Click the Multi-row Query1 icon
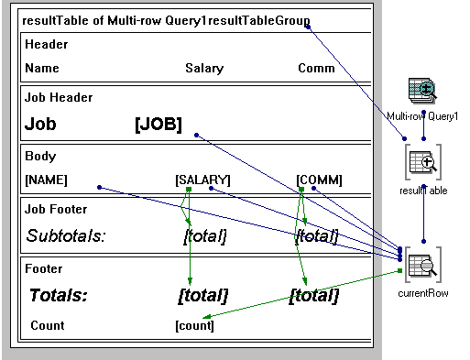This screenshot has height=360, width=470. click(x=421, y=93)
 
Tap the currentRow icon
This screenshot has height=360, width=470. click(x=422, y=267)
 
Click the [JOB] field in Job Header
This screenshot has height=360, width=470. click(x=158, y=125)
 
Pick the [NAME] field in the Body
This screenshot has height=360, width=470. click(x=46, y=180)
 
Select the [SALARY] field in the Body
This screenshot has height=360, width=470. click(x=202, y=180)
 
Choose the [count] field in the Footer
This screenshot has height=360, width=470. click(x=194, y=325)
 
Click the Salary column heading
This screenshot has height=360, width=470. click(x=203, y=69)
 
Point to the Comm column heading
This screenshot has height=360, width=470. click(x=316, y=69)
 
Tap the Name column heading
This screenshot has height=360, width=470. click(x=42, y=69)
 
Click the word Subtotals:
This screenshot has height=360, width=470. click(x=66, y=236)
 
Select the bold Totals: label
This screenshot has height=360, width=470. click(x=59, y=295)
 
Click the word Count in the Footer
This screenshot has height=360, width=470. click(x=48, y=325)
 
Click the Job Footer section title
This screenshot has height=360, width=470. click(x=56, y=209)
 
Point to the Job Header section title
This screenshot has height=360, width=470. click(x=59, y=97)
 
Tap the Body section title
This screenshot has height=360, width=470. click(x=39, y=156)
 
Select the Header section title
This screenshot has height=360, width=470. click(x=46, y=44)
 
